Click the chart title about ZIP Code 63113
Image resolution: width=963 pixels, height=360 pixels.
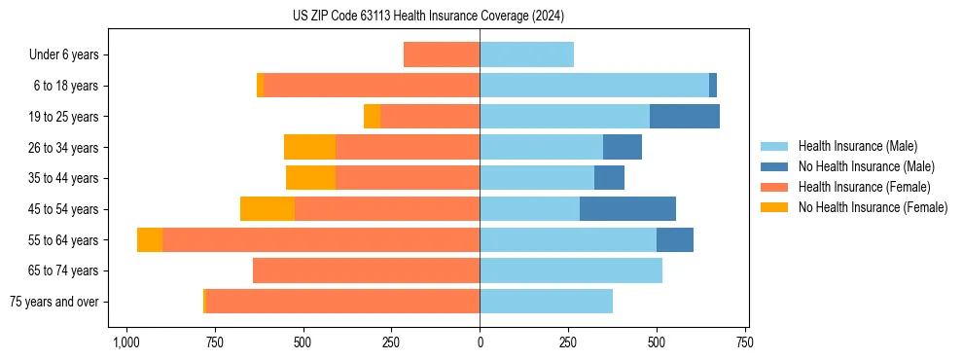pos(428,17)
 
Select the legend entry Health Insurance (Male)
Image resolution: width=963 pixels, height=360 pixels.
pos(857,146)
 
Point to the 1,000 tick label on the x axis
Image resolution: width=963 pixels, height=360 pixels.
pos(125,343)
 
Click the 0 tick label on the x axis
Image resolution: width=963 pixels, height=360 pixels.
pos(480,343)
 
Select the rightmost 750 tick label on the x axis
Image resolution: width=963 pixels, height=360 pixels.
pos(744,343)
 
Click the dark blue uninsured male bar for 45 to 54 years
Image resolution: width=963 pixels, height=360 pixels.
pos(627,209)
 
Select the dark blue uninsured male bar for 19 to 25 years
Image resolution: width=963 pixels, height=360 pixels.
pos(685,117)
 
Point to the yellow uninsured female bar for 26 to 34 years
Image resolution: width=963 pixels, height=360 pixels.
pos(309,147)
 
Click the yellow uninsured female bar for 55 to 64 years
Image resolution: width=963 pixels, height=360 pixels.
pos(150,240)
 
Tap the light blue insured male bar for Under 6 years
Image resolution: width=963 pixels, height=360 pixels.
pos(526,55)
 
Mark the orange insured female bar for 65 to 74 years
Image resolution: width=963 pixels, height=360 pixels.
pos(366,270)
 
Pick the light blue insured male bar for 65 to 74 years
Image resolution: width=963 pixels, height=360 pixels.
pos(571,270)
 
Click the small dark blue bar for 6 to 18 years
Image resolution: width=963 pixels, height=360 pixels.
pos(713,86)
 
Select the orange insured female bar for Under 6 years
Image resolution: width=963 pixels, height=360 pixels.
pos(442,55)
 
